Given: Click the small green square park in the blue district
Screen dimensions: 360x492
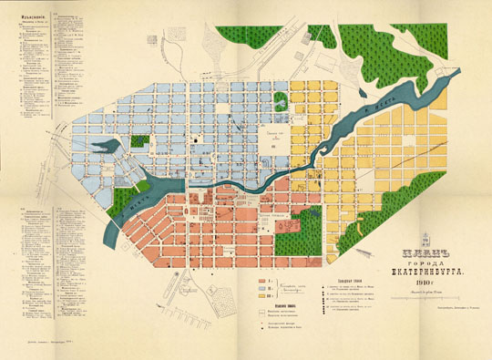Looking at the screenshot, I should point(138,143).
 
